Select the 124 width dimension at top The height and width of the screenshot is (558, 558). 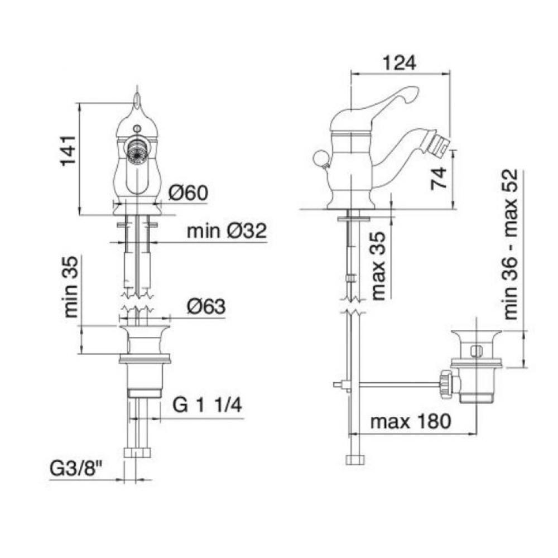coord(400,64)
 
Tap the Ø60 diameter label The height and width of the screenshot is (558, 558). coord(188,193)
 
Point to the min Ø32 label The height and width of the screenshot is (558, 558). coord(227,231)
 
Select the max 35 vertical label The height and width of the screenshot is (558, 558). coord(378,266)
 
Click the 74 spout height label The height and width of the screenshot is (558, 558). coord(439,178)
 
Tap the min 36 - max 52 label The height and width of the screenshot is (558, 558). coord(511,244)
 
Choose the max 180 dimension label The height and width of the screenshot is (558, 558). coord(411,422)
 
